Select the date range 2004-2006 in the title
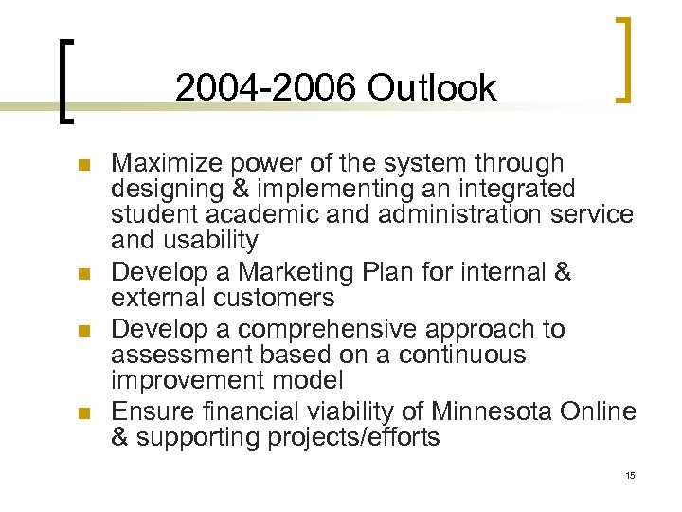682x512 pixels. pos(266,88)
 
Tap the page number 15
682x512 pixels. pos(630,475)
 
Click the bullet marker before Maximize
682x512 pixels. pos(82,166)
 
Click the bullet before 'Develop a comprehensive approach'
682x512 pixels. pos(82,331)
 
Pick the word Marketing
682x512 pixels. pos(300,273)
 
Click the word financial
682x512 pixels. pos(241,412)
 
